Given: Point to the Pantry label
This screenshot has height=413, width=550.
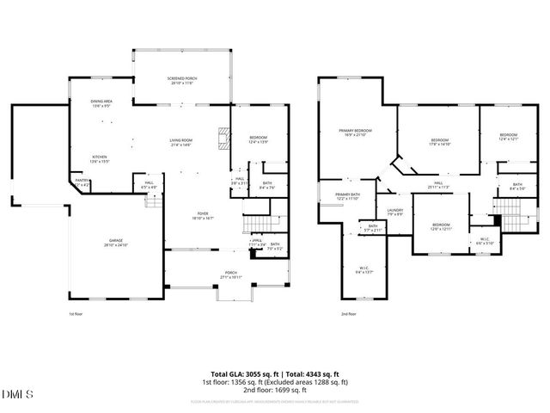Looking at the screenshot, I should pyautogui.click(x=82, y=182).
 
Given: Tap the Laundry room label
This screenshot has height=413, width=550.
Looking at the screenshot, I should pyautogui.click(x=395, y=212).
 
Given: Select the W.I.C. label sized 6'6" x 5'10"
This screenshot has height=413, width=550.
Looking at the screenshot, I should pyautogui.click(x=484, y=241).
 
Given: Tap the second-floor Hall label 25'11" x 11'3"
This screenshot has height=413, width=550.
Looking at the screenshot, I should pyautogui.click(x=438, y=185).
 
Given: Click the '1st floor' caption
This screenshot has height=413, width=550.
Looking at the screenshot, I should pyautogui.click(x=76, y=314).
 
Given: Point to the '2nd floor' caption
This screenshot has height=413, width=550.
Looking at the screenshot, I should pyautogui.click(x=349, y=314).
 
